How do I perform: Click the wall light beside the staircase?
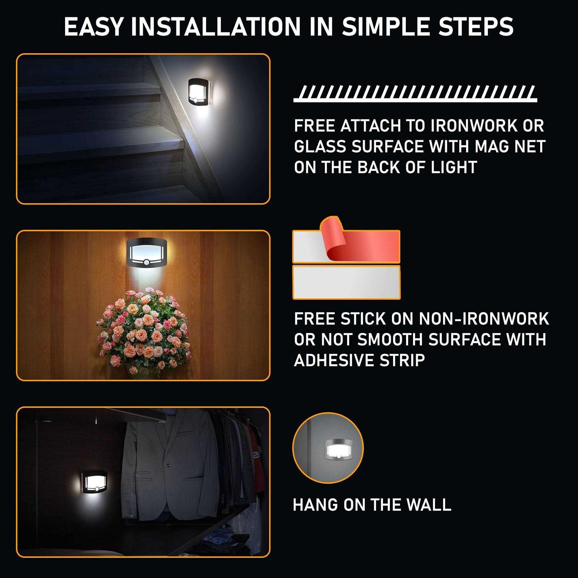pos(200,96)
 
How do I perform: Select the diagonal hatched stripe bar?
pos(415,94)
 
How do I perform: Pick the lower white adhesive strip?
pos(346,282)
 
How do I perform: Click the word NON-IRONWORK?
pos(484,319)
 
